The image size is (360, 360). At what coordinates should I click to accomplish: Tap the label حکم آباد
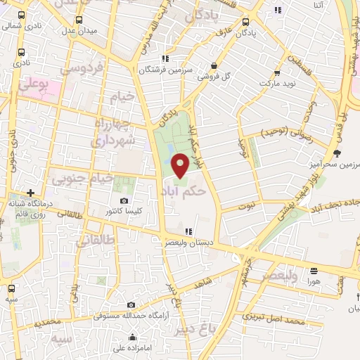click(188, 191)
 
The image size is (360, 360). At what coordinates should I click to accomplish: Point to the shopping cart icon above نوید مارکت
click(277, 72)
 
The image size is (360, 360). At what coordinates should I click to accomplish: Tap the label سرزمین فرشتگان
click(165, 70)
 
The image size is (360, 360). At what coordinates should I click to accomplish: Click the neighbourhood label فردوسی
click(82, 69)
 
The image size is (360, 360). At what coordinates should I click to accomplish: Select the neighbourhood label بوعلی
click(31, 85)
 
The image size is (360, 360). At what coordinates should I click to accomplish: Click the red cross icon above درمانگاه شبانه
click(31, 192)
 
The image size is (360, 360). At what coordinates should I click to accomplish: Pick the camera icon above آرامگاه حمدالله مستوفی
click(131, 305)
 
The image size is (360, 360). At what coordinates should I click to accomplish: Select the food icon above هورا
click(313, 270)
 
